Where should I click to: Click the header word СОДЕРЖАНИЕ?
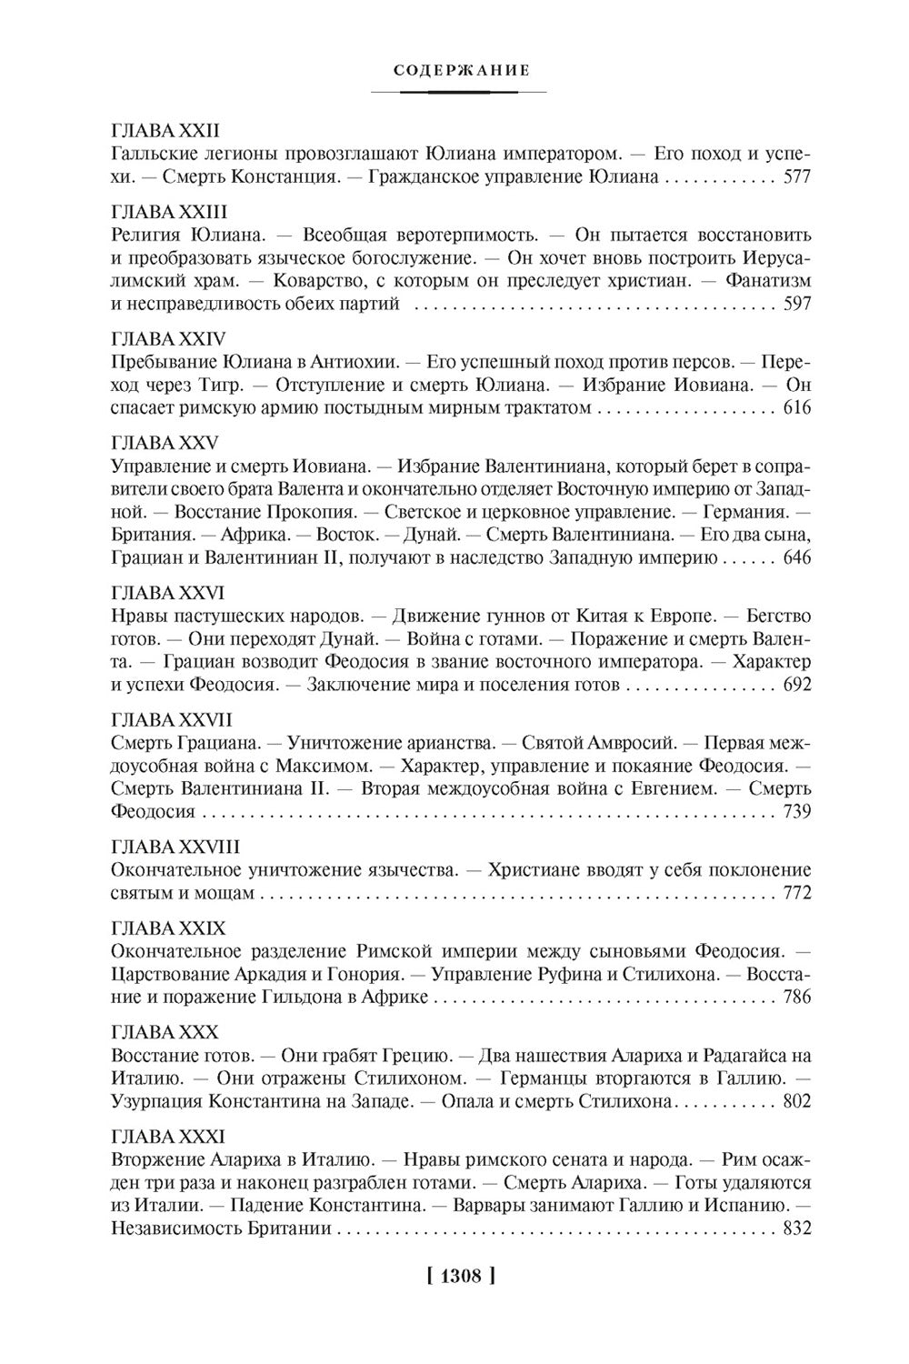[459, 70]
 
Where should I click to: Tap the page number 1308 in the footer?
[459, 1275]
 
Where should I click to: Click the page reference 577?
[796, 177]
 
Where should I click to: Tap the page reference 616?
[796, 409]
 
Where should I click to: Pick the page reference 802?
[796, 1102]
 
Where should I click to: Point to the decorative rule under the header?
[459, 92]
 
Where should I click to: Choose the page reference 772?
[796, 894]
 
